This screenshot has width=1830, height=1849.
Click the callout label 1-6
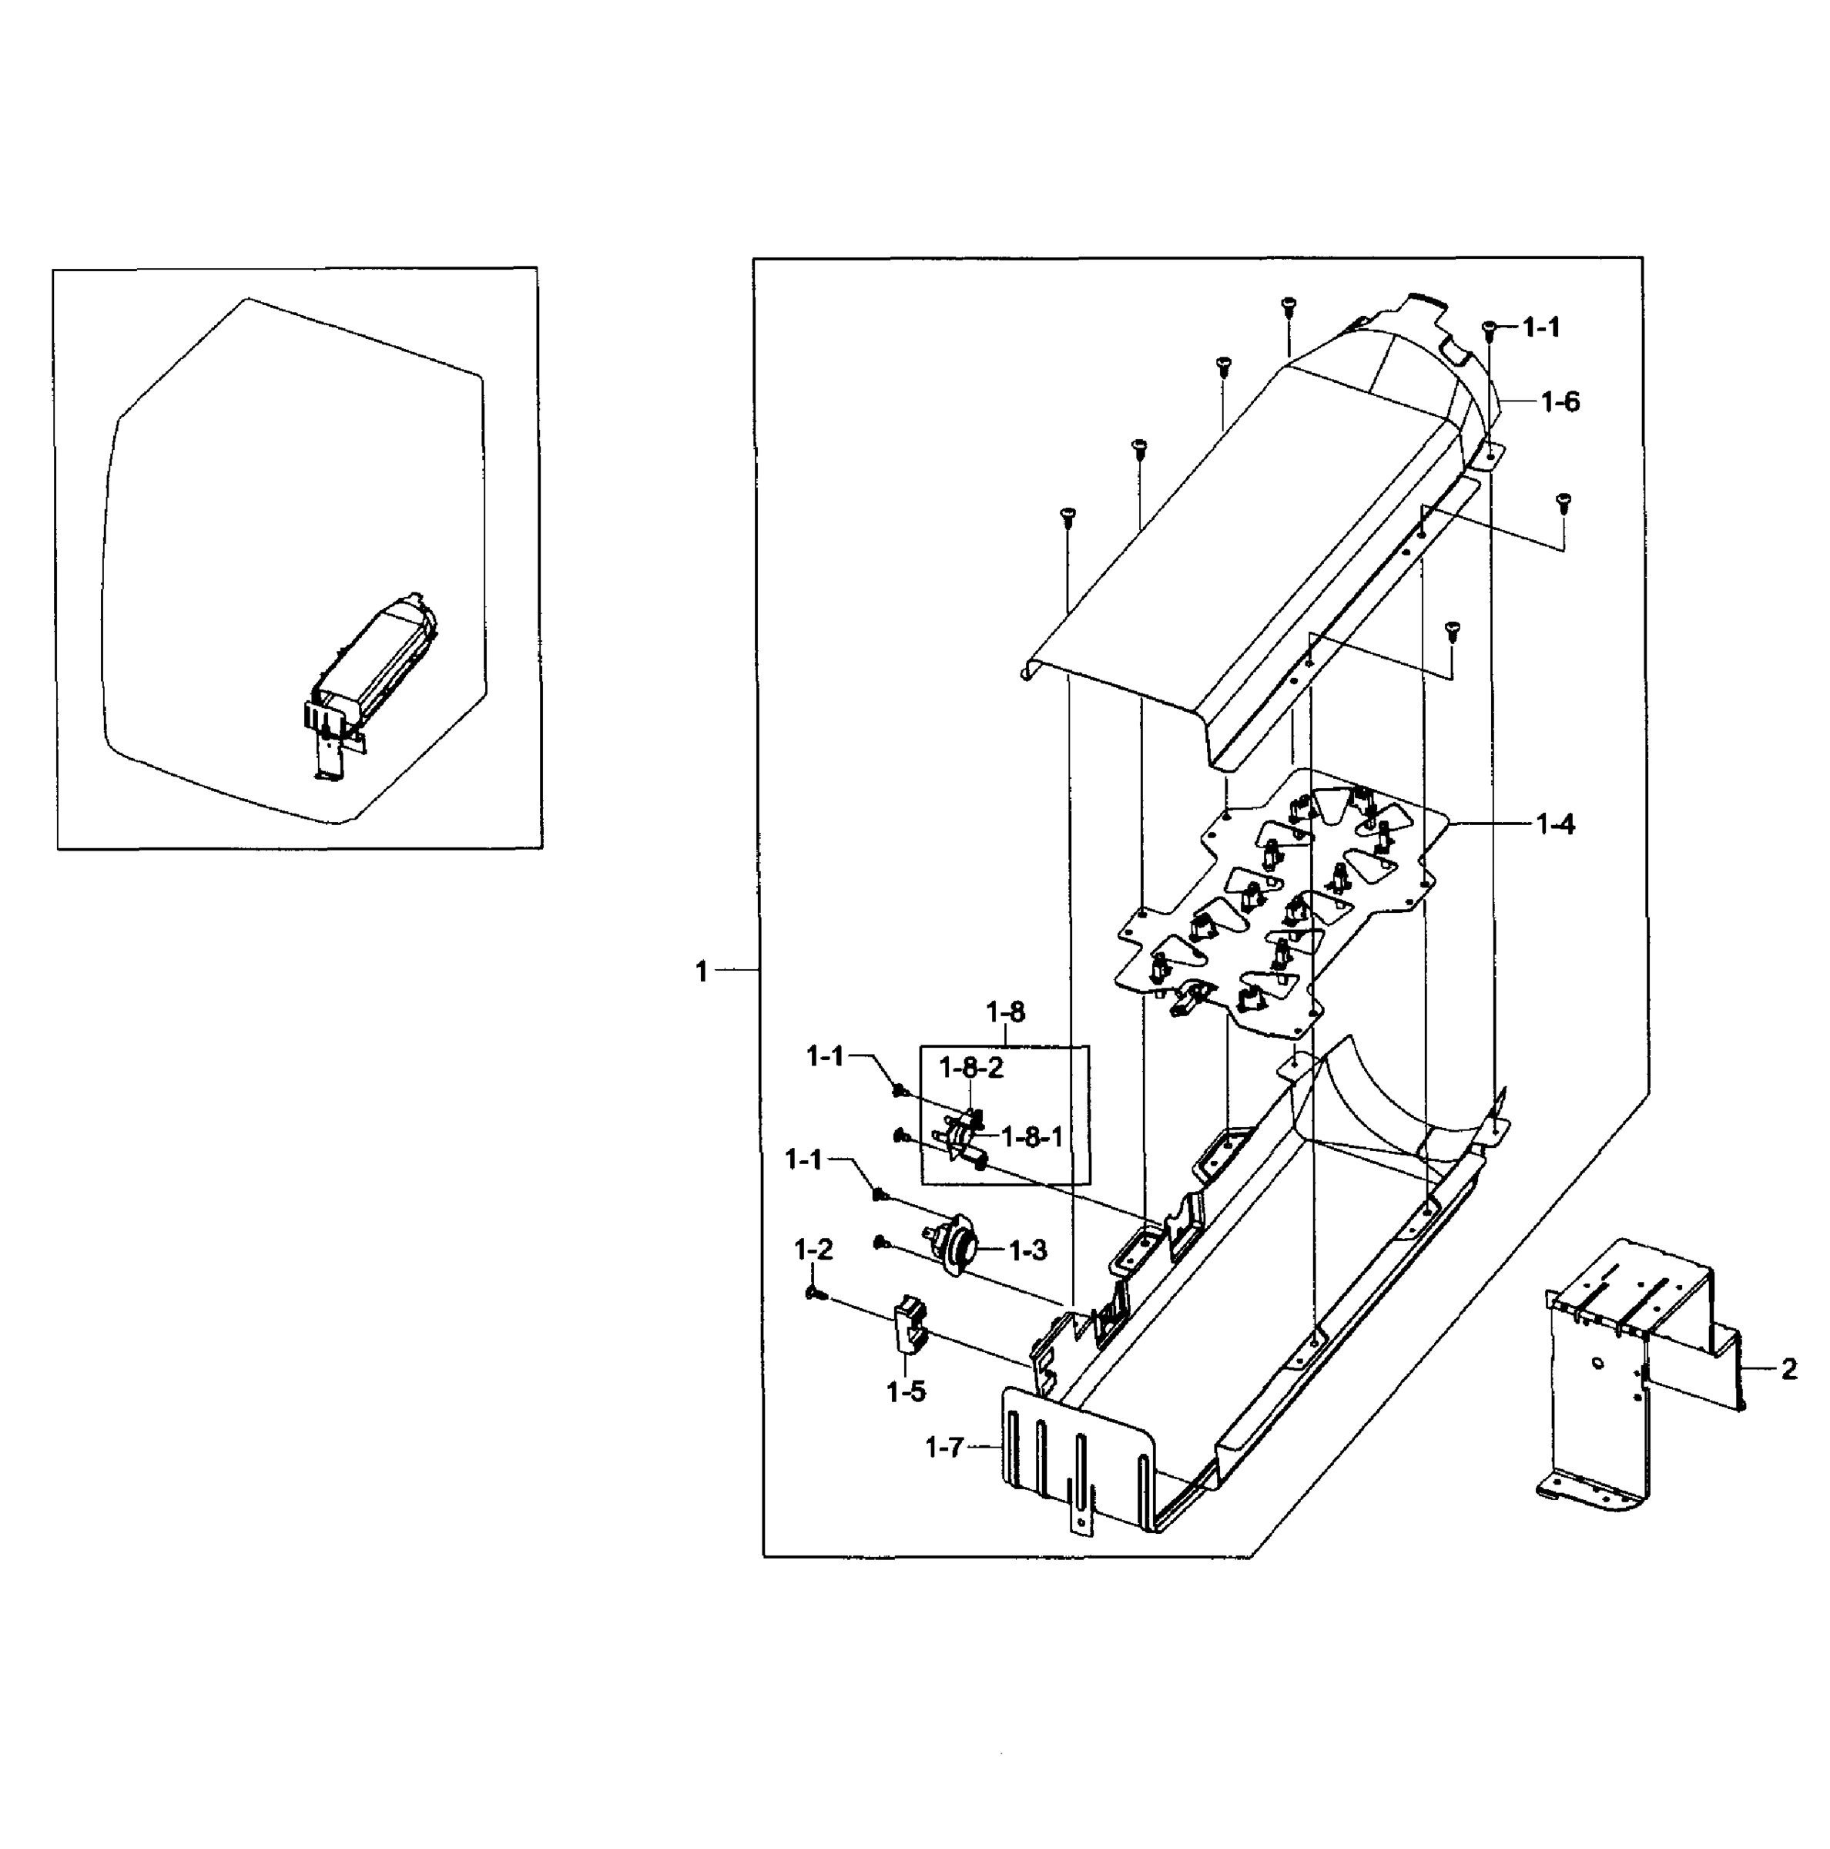click(x=1560, y=402)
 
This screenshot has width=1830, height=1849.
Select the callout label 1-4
click(x=1556, y=823)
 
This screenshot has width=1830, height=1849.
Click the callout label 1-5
click(x=905, y=1391)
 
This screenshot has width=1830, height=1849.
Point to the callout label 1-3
click(x=1027, y=1250)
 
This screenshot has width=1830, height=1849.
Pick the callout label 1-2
click(x=813, y=1249)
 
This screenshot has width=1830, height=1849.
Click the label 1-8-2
click(x=971, y=1068)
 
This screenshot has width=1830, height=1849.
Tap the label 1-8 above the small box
click(x=1004, y=1012)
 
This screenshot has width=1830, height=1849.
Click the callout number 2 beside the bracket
click(x=1789, y=1370)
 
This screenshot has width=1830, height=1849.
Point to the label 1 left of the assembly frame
click(x=701, y=971)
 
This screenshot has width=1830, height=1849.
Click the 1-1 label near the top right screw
click(x=1540, y=327)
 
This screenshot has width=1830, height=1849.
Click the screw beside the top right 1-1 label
click(x=1489, y=328)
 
